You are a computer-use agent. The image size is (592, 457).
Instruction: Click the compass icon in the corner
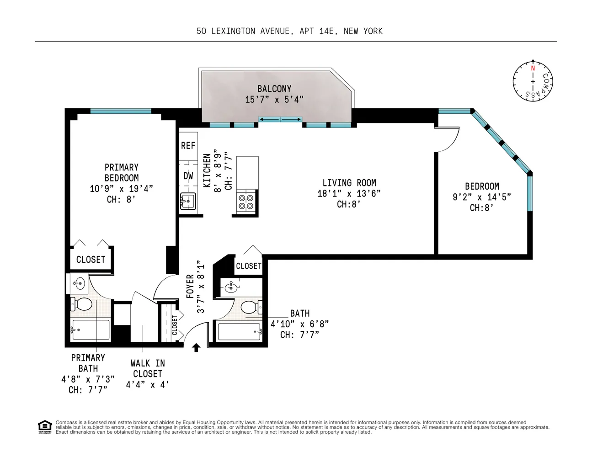click(533, 81)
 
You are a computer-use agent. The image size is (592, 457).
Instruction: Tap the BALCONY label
click(274, 89)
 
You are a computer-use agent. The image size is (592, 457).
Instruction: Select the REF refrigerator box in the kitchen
click(188, 145)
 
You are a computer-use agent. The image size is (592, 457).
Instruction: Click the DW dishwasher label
click(188, 176)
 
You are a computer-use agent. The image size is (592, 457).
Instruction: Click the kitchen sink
click(188, 201)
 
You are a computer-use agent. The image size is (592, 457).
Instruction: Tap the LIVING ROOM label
click(349, 182)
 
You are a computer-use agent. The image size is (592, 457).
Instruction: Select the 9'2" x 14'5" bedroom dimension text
click(481, 197)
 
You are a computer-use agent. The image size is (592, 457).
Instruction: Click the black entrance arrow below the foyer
click(196, 348)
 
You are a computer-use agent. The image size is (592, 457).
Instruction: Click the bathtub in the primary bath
click(91, 330)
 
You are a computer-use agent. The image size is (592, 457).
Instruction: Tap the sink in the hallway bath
click(231, 287)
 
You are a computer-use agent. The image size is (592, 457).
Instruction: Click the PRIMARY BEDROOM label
click(121, 172)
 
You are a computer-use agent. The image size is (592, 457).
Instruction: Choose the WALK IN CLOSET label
click(147, 368)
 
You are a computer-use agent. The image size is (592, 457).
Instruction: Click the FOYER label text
click(190, 287)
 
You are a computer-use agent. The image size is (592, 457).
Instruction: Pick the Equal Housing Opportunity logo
click(44, 427)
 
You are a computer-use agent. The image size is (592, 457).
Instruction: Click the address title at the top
click(289, 31)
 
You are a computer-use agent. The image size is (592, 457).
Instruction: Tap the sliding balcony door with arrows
click(280, 120)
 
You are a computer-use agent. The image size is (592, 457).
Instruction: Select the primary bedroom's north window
click(121, 111)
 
